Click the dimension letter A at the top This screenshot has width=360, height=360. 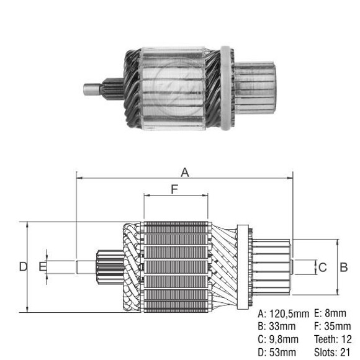tap(184, 171)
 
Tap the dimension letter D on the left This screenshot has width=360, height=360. tap(22, 267)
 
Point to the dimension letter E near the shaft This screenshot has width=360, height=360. tap(41, 267)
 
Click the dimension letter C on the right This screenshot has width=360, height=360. tap(322, 268)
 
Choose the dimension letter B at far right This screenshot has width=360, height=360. tap(343, 267)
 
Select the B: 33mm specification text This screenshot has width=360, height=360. tap(277, 326)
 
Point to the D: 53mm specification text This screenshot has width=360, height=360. tap(277, 353)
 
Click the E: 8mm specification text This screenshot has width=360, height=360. tap(330, 313)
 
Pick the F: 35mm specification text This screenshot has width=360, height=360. tap(332, 326)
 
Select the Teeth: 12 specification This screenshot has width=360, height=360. tap(333, 340)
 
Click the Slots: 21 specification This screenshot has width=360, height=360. tap(333, 353)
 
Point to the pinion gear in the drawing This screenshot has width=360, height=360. tap(105, 266)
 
